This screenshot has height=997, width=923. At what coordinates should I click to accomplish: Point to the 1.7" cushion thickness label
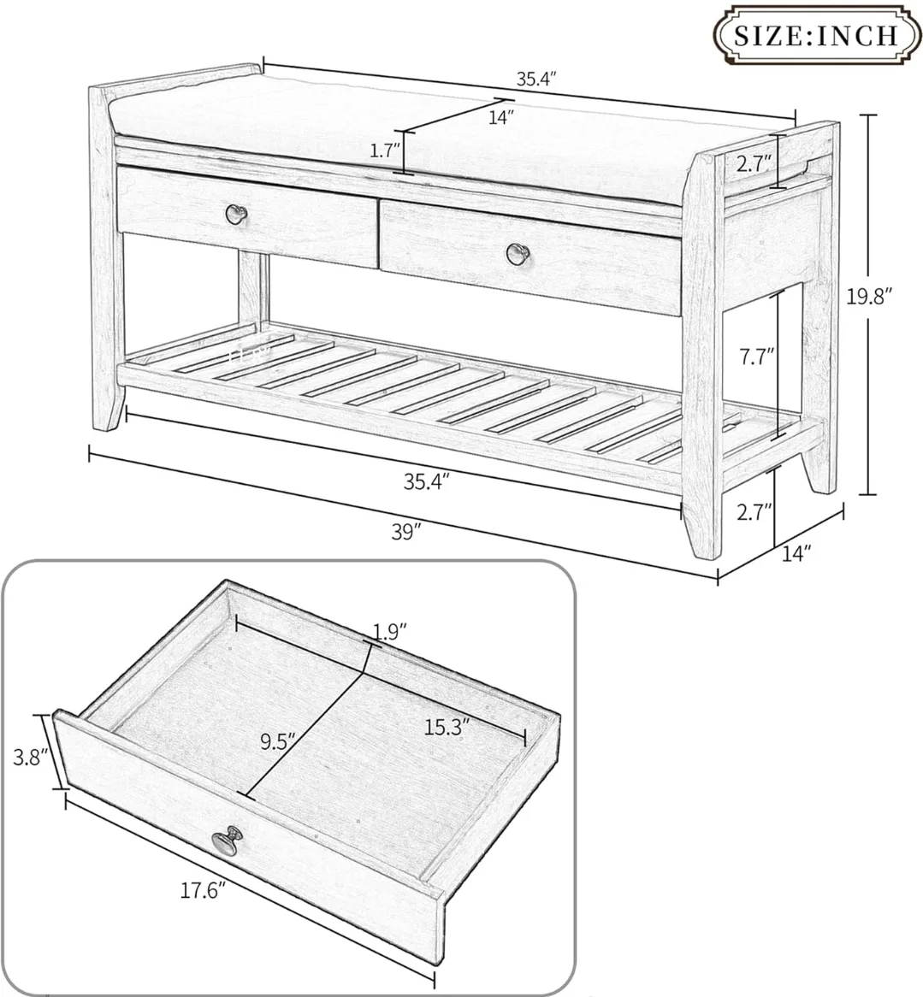click(x=385, y=151)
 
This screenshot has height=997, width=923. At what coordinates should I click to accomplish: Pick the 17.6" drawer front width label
click(x=203, y=891)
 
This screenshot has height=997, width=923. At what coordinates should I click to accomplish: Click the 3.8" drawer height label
click(x=27, y=757)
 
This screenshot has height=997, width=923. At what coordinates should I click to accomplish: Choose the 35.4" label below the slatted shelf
click(x=427, y=481)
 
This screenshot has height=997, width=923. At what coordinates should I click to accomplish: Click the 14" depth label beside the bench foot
click(x=796, y=553)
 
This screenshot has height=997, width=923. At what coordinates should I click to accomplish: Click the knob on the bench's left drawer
click(x=234, y=213)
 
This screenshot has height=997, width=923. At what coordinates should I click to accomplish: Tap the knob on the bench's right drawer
click(x=515, y=252)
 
